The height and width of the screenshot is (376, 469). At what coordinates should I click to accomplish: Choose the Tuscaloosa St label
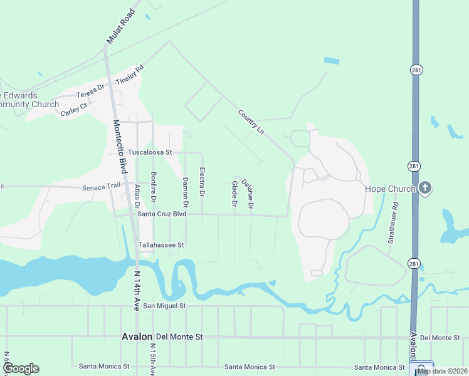click(154, 152)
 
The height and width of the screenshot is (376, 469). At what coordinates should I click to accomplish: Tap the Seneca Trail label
click(100, 187)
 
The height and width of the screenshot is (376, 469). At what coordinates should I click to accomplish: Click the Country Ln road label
click(250, 122)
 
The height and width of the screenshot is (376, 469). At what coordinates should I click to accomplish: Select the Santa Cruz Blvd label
click(162, 214)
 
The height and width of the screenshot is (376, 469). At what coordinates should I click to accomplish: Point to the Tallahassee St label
click(161, 245)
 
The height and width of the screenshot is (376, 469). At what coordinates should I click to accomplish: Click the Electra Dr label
click(201, 182)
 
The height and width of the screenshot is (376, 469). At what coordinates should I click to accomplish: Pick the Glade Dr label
click(234, 194)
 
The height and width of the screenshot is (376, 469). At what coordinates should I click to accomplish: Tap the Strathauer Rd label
click(393, 222)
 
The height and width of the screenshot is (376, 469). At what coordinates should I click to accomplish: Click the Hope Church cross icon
click(426, 189)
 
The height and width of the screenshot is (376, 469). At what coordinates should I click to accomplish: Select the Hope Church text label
click(391, 189)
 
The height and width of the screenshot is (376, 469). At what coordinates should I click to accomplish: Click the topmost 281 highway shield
click(415, 70)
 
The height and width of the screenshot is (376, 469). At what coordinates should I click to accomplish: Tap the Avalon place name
click(137, 337)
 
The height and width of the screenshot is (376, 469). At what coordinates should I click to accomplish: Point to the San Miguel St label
click(165, 306)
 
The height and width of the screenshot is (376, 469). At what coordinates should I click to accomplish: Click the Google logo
click(21, 368)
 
